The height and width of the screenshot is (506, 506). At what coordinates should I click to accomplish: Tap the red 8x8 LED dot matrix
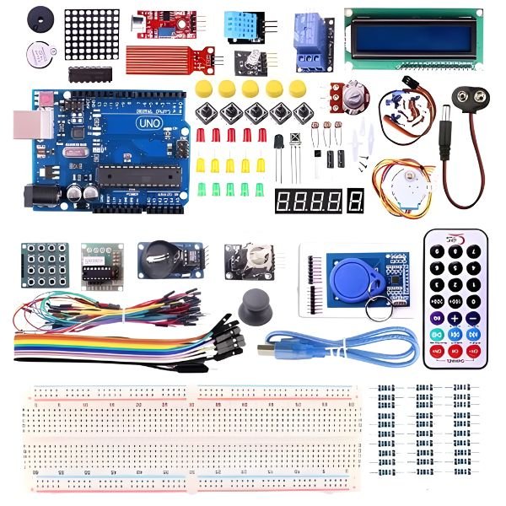click(x=89, y=35)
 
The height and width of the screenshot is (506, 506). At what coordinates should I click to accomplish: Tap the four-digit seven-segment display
click(x=310, y=201)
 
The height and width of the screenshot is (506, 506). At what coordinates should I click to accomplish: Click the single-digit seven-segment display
click(x=356, y=201)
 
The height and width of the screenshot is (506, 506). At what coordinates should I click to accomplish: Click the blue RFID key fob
click(x=348, y=273)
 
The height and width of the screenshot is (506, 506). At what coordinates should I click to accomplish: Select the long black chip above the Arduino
click(x=93, y=74)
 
